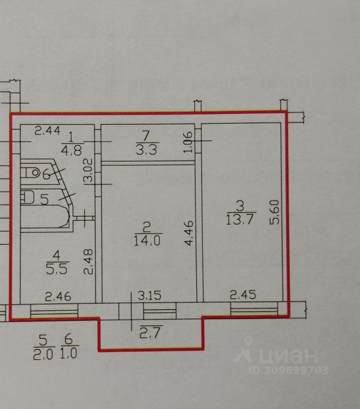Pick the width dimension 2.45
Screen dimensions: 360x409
click(243, 295)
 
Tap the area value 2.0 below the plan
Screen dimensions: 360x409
click(43, 353)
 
